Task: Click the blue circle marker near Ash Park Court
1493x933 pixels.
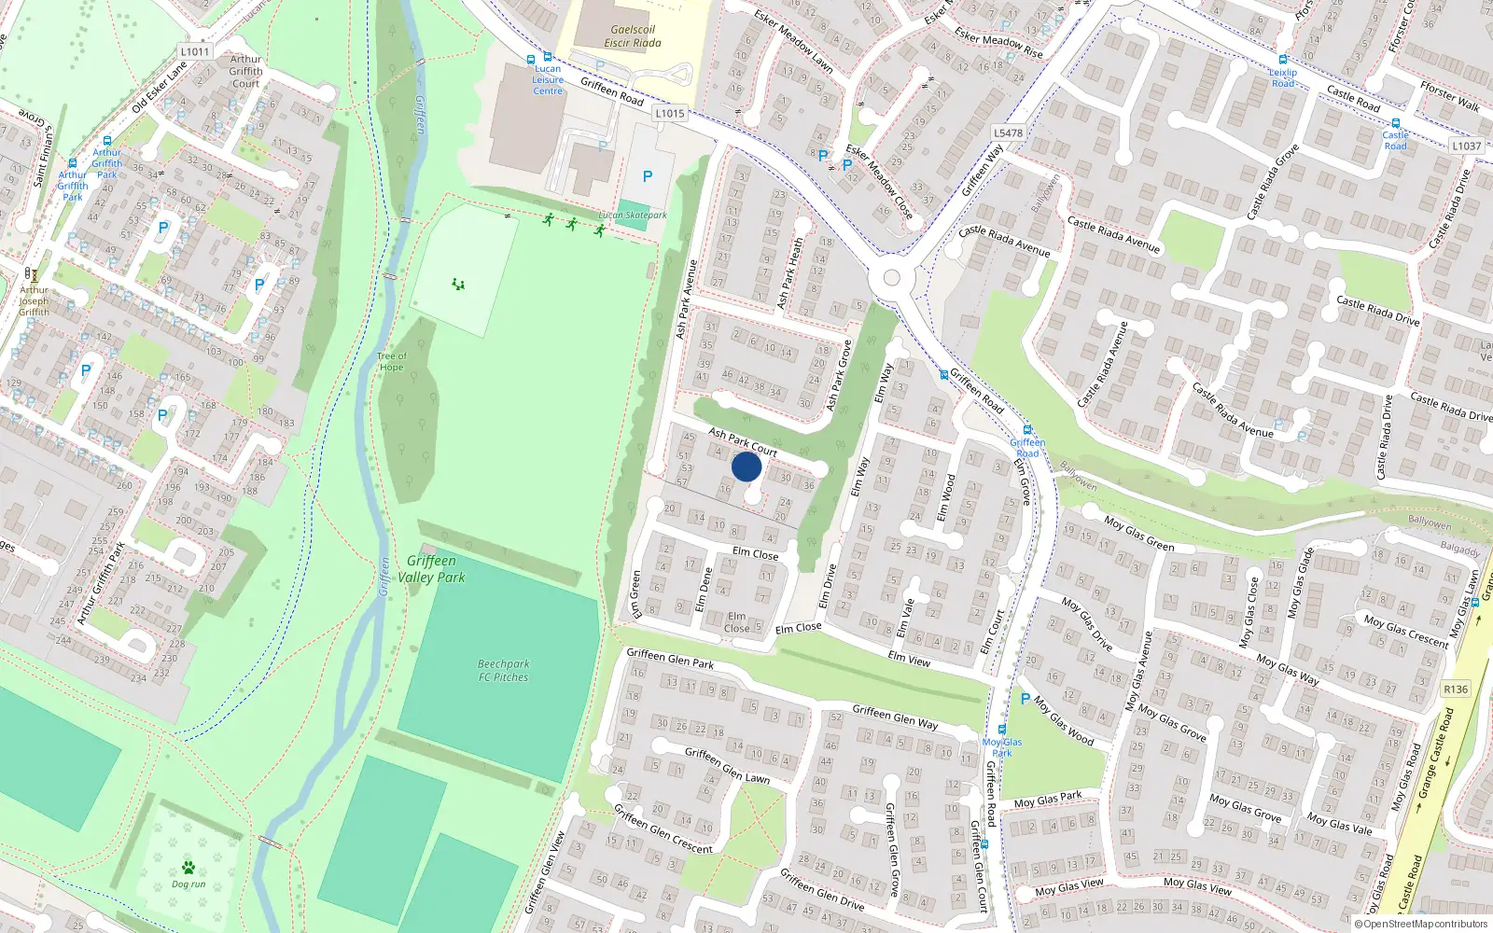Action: [746, 466]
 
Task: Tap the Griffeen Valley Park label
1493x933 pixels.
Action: [431, 569]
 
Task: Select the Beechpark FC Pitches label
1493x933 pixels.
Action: [503, 671]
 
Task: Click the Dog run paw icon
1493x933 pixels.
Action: [188, 867]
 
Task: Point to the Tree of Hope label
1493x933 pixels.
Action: [392, 362]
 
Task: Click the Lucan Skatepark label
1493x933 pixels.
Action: [633, 216]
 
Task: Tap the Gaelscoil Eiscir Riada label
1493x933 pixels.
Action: [632, 36]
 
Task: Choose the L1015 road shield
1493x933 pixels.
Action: [669, 113]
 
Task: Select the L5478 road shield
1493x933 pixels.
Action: [1008, 132]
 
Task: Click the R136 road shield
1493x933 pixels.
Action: [1456, 689]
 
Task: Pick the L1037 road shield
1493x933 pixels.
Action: [1466, 146]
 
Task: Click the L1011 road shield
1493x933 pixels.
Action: [195, 52]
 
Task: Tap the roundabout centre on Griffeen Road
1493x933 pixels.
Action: [891, 277]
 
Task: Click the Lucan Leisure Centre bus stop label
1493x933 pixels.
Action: [548, 79]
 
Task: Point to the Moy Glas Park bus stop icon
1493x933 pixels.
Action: [1002, 730]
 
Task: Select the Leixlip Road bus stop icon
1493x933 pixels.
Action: [1283, 60]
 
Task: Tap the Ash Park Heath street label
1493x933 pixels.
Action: [790, 272]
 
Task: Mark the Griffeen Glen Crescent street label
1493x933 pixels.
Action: [663, 828]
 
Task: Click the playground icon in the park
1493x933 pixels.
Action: [458, 284]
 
